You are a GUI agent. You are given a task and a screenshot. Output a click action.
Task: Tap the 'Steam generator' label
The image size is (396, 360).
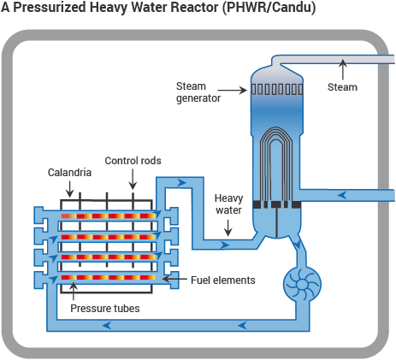[x=198, y=91]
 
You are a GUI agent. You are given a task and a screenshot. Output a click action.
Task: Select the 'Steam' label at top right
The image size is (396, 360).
[x=342, y=86]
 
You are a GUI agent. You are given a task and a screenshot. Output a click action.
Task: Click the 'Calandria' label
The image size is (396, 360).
[x=69, y=172]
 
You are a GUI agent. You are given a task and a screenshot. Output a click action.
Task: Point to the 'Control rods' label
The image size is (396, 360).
[x=132, y=160]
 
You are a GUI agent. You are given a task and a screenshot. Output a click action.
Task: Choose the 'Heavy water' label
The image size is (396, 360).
[x=228, y=204]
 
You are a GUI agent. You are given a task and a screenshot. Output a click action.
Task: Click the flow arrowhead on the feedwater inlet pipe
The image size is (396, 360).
[x=341, y=194]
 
